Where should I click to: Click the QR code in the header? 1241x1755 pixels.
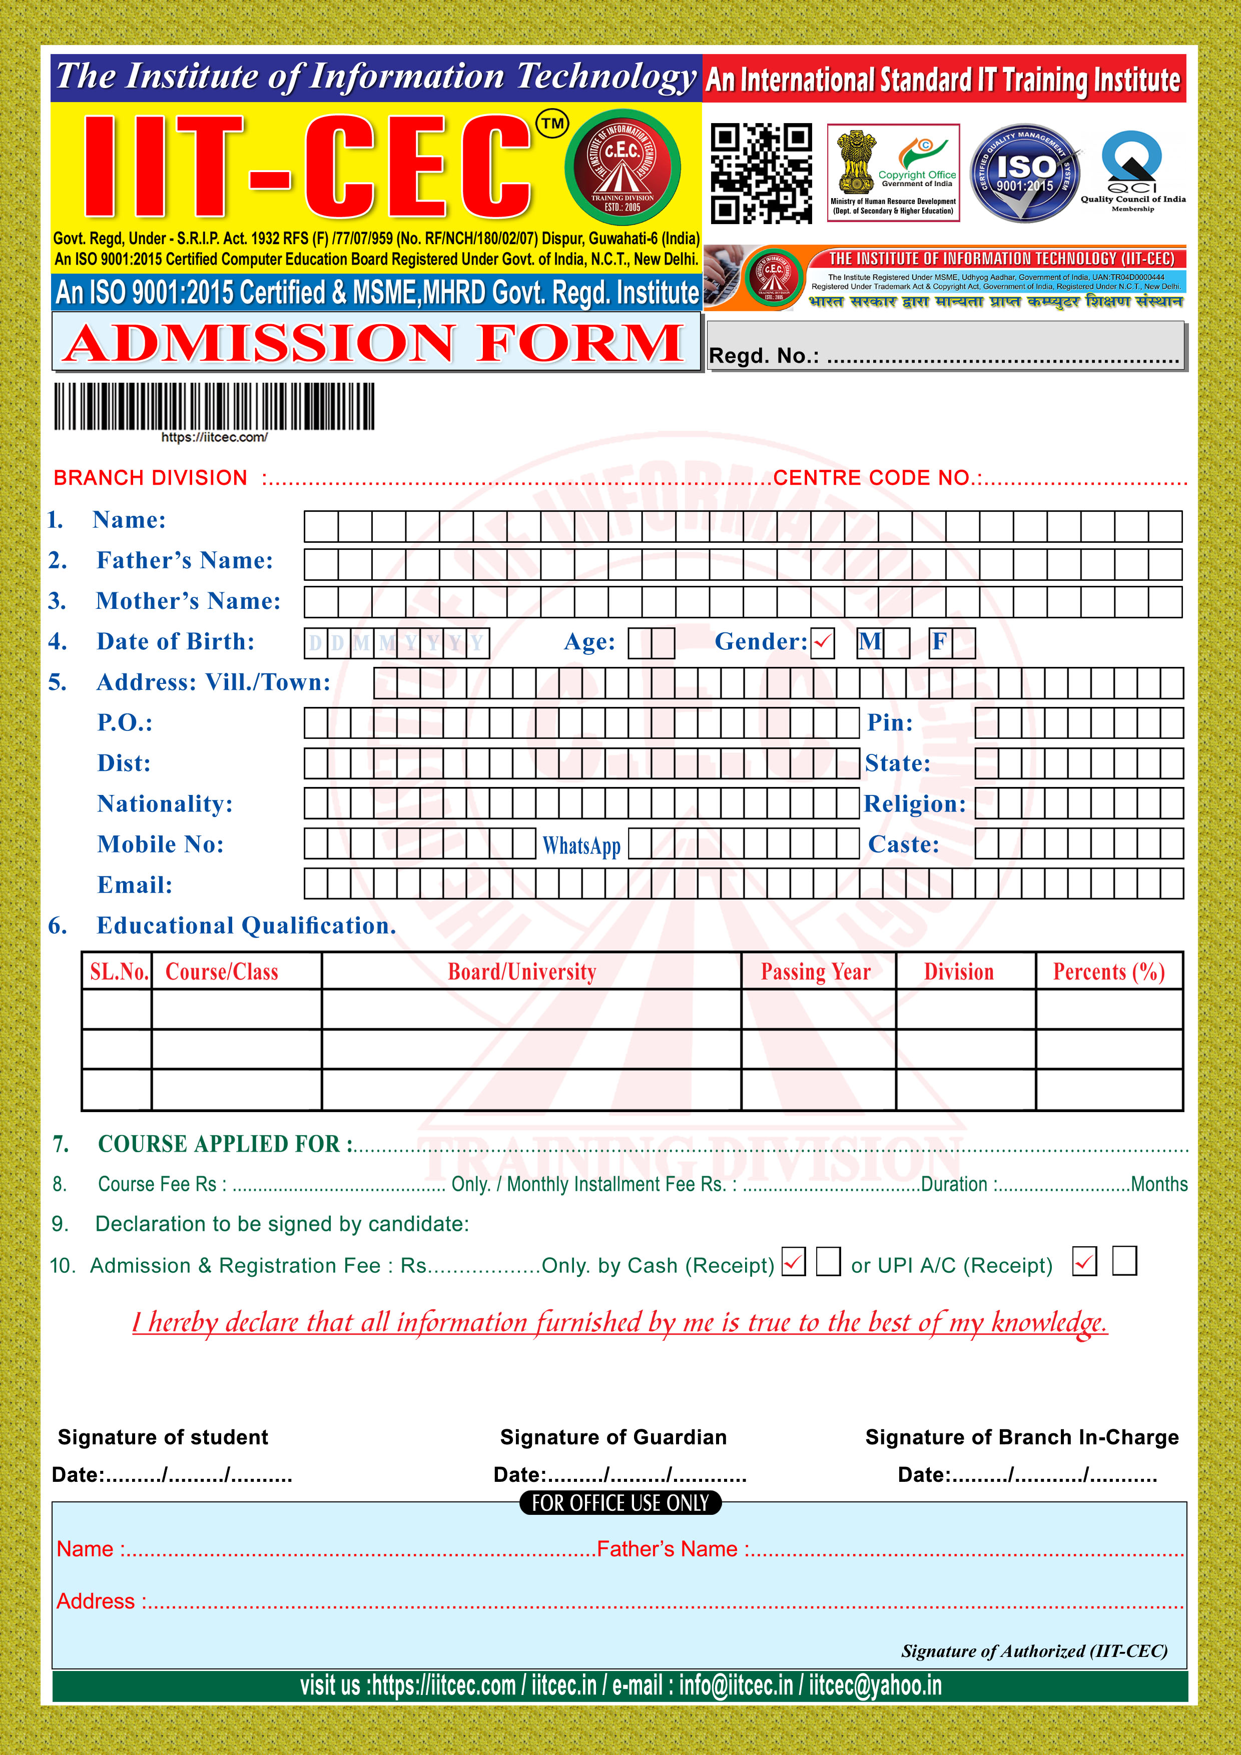coord(761,174)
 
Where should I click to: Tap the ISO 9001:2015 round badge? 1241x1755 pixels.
coord(1025,174)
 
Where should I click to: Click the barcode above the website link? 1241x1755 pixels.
coord(214,406)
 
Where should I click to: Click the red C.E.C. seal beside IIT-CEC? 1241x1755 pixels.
coord(623,168)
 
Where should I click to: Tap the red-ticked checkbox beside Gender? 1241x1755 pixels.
coord(823,642)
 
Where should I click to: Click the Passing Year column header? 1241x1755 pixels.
coord(816,972)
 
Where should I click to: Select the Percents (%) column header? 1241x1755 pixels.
coord(1109,972)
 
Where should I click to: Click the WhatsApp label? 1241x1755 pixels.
coord(581,845)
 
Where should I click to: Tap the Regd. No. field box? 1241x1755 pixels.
coord(945,346)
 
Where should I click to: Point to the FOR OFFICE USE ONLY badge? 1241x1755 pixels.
coord(620,1503)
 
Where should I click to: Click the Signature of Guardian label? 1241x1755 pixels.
coord(613,1437)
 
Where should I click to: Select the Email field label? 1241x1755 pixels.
coord(135,885)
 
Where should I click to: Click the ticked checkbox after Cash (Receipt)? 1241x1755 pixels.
coord(794,1262)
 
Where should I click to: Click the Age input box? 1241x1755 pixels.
coord(651,643)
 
